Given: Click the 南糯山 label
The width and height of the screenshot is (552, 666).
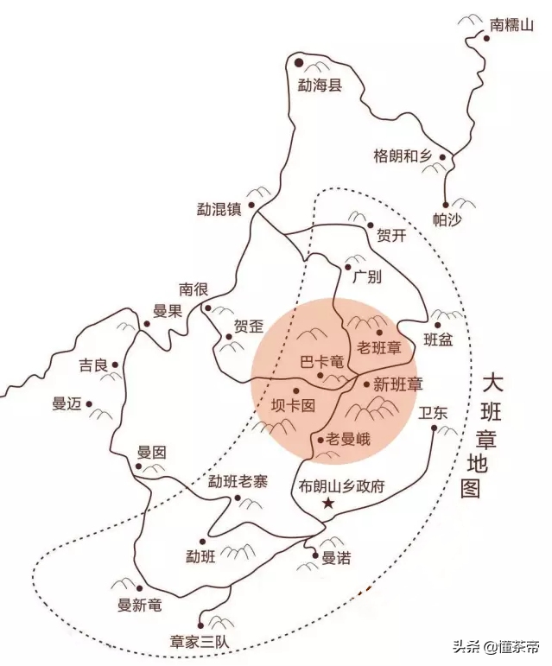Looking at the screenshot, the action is point(512,25).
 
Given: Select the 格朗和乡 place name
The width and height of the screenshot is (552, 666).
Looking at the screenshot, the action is point(402,155).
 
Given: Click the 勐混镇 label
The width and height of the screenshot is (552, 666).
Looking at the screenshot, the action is point(219,209).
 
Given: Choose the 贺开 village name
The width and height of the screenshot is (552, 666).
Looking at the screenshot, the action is point(390,236).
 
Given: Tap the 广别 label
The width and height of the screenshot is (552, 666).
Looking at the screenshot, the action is point(366,276).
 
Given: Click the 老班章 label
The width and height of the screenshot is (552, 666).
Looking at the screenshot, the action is point(379,348).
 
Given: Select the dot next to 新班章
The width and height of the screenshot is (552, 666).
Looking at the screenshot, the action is point(366,384).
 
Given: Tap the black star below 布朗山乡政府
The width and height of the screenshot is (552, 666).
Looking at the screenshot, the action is point(327,503).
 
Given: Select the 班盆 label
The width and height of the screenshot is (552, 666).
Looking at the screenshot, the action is point(438,340).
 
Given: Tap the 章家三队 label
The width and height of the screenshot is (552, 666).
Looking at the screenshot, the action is point(207,642).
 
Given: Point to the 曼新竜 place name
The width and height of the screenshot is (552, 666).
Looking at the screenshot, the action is point(139,605).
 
